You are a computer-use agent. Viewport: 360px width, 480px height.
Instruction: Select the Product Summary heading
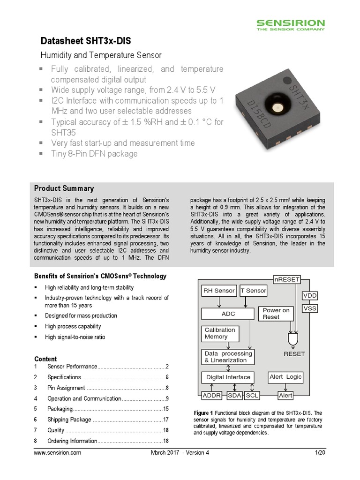(64, 188)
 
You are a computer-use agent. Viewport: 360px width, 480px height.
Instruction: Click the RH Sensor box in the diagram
(218, 291)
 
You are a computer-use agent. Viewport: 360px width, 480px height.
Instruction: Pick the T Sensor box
(253, 291)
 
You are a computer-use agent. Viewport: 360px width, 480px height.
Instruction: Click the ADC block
(228, 314)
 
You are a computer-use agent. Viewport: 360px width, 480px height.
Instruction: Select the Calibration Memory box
(220, 333)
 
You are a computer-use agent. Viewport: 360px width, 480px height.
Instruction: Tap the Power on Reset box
(276, 314)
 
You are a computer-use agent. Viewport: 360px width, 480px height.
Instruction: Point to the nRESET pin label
(286, 279)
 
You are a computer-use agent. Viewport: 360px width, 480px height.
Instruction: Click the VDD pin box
(310, 296)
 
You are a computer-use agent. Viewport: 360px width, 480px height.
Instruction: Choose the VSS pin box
(310, 308)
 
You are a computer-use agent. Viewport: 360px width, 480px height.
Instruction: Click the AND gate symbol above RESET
(293, 339)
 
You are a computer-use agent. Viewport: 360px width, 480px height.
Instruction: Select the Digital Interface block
(228, 377)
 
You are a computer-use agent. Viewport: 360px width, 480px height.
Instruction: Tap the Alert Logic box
(285, 377)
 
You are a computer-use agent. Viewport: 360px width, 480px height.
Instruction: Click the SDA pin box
(234, 396)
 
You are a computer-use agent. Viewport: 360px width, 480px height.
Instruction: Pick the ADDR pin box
(212, 396)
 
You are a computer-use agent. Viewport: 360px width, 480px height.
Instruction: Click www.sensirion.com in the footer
(58, 453)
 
